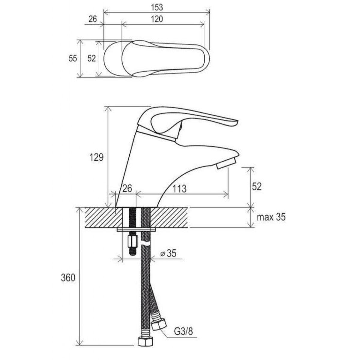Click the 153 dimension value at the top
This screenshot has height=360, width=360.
[157, 8]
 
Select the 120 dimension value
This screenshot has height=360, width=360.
[157, 19]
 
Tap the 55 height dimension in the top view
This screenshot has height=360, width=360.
[73, 58]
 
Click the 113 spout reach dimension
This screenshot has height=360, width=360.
[179, 189]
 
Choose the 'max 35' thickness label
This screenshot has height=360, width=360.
[271, 217]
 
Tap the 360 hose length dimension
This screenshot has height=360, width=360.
[68, 283]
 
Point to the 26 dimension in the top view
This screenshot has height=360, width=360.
[93, 19]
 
